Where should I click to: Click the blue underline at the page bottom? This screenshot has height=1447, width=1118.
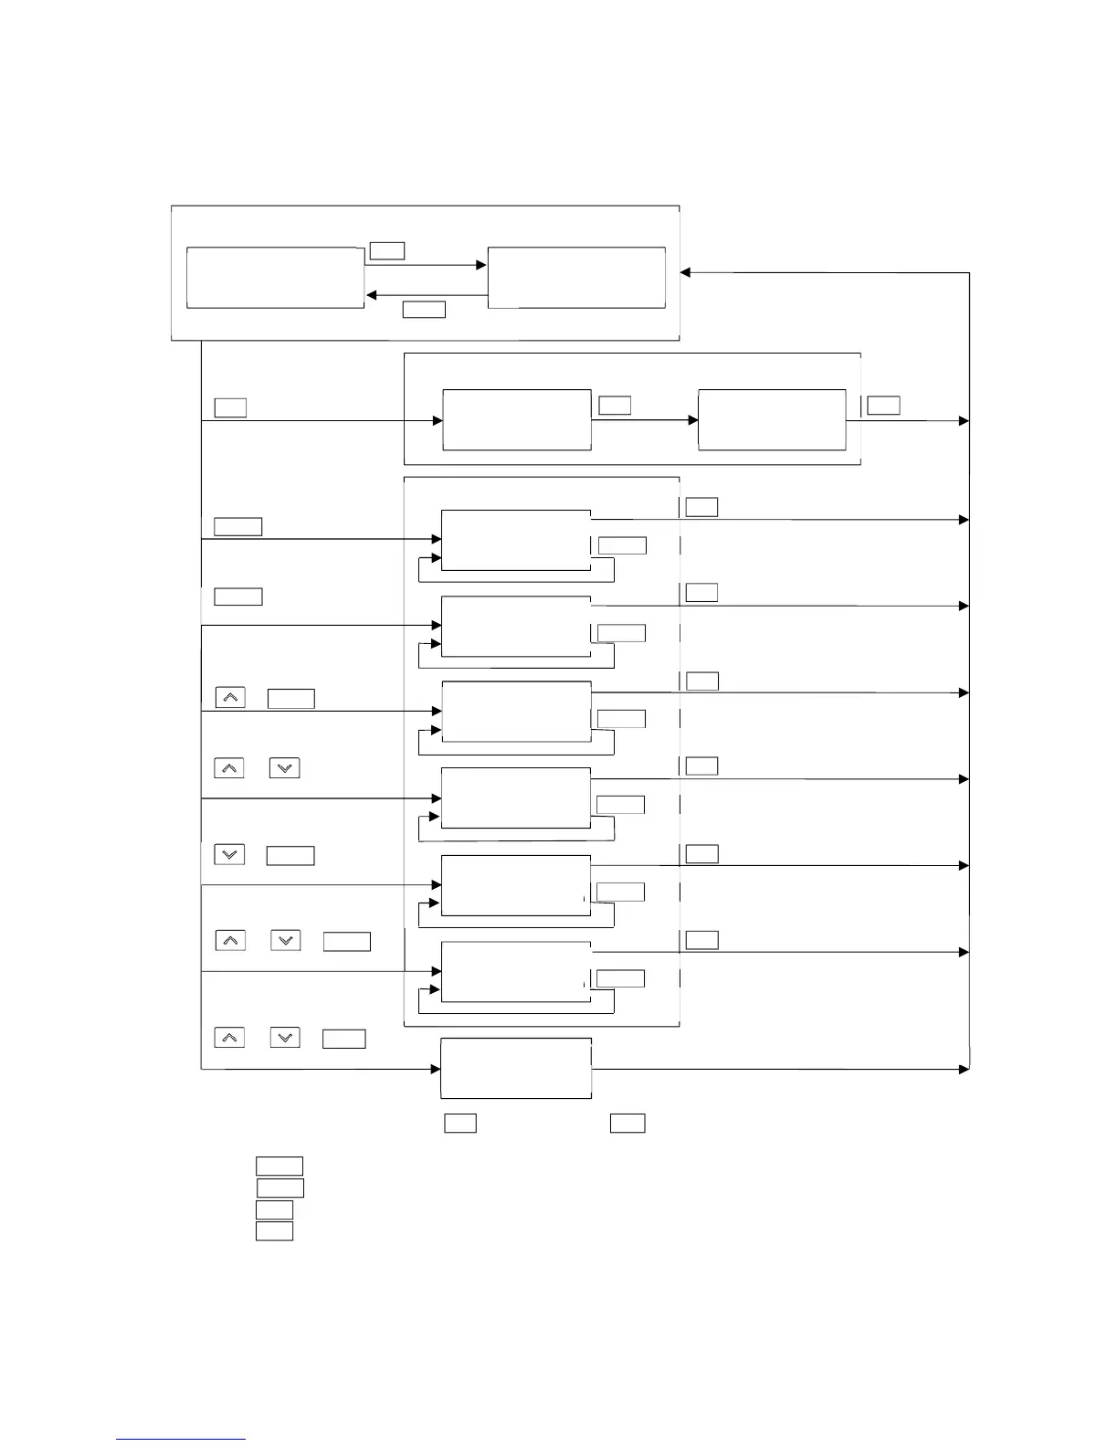point(180,1439)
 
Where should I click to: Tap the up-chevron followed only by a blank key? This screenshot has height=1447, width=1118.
point(230,697)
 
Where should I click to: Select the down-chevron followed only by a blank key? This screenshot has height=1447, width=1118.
point(229,854)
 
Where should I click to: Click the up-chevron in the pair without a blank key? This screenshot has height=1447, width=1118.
point(229,767)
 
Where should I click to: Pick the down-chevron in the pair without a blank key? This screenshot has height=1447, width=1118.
point(285,767)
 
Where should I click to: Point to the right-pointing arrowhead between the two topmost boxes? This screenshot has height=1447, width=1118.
point(481,265)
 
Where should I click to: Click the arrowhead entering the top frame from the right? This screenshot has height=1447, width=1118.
point(686,272)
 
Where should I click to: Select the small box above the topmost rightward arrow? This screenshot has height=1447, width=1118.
point(387,250)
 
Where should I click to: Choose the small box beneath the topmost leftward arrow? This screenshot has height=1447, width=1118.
point(424,310)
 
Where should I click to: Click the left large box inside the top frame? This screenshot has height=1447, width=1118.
point(275,277)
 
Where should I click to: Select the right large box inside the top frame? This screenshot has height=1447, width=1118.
point(576,277)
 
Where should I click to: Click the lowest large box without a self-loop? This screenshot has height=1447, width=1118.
point(516,1068)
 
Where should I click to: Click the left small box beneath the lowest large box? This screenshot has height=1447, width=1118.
point(460,1123)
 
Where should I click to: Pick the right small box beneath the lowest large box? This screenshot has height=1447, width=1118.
point(628,1123)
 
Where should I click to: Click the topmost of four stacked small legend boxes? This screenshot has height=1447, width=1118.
point(279,1166)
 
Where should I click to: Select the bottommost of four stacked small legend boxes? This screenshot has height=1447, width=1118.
point(274,1230)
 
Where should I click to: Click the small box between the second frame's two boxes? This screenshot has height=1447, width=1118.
point(615,405)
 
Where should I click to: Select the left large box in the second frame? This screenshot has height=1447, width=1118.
point(516,419)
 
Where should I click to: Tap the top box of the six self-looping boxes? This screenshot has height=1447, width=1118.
point(516,540)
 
